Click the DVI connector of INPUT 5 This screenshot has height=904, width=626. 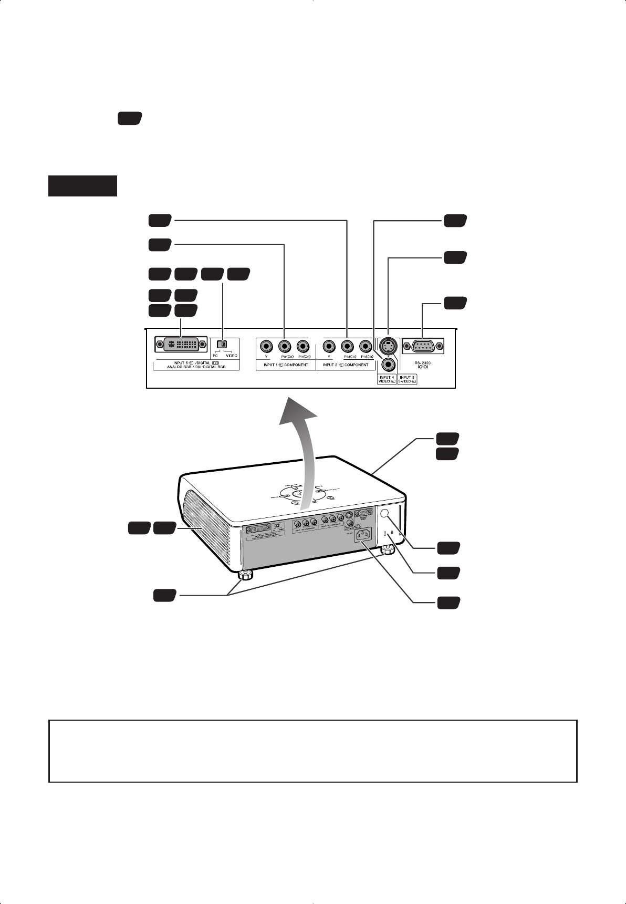[181, 345]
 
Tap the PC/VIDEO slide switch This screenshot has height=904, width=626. [222, 345]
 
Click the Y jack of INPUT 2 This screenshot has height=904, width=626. [329, 346]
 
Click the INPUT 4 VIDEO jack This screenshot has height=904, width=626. [388, 363]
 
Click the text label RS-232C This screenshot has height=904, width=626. [422, 362]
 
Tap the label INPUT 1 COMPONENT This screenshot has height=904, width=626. [286, 365]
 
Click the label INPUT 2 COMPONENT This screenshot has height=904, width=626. [346, 365]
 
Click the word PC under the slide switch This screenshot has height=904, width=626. [215, 356]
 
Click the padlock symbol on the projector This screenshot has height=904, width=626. [392, 532]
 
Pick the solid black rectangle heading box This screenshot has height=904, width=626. [82, 186]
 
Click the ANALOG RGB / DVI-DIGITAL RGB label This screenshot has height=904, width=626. [196, 368]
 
